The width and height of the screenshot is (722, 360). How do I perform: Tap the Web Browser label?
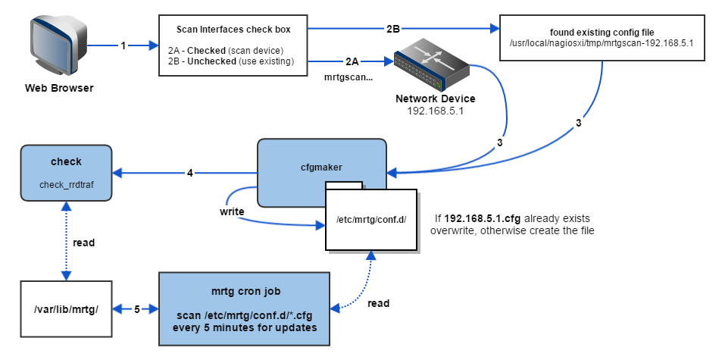(59, 88)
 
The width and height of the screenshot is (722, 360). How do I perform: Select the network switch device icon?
(431, 66)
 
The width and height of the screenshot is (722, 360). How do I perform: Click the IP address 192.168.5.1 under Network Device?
(435, 111)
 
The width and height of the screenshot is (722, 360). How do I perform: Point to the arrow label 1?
(123, 45)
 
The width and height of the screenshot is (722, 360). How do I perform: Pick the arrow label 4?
(189, 173)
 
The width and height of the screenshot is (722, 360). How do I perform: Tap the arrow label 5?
(137, 309)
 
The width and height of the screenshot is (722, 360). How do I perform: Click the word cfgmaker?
(321, 167)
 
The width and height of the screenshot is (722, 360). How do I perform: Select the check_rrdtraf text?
(66, 185)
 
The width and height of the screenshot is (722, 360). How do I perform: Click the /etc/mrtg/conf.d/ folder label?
(371, 219)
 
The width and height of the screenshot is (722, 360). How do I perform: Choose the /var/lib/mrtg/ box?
(66, 309)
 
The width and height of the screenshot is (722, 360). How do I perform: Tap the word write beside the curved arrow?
(232, 211)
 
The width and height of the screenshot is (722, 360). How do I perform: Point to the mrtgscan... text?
(348, 78)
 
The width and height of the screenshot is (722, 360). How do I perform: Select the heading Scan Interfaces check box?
(233, 30)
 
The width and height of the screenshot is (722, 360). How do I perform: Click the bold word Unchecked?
(212, 61)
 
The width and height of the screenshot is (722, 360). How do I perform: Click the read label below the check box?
(84, 243)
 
